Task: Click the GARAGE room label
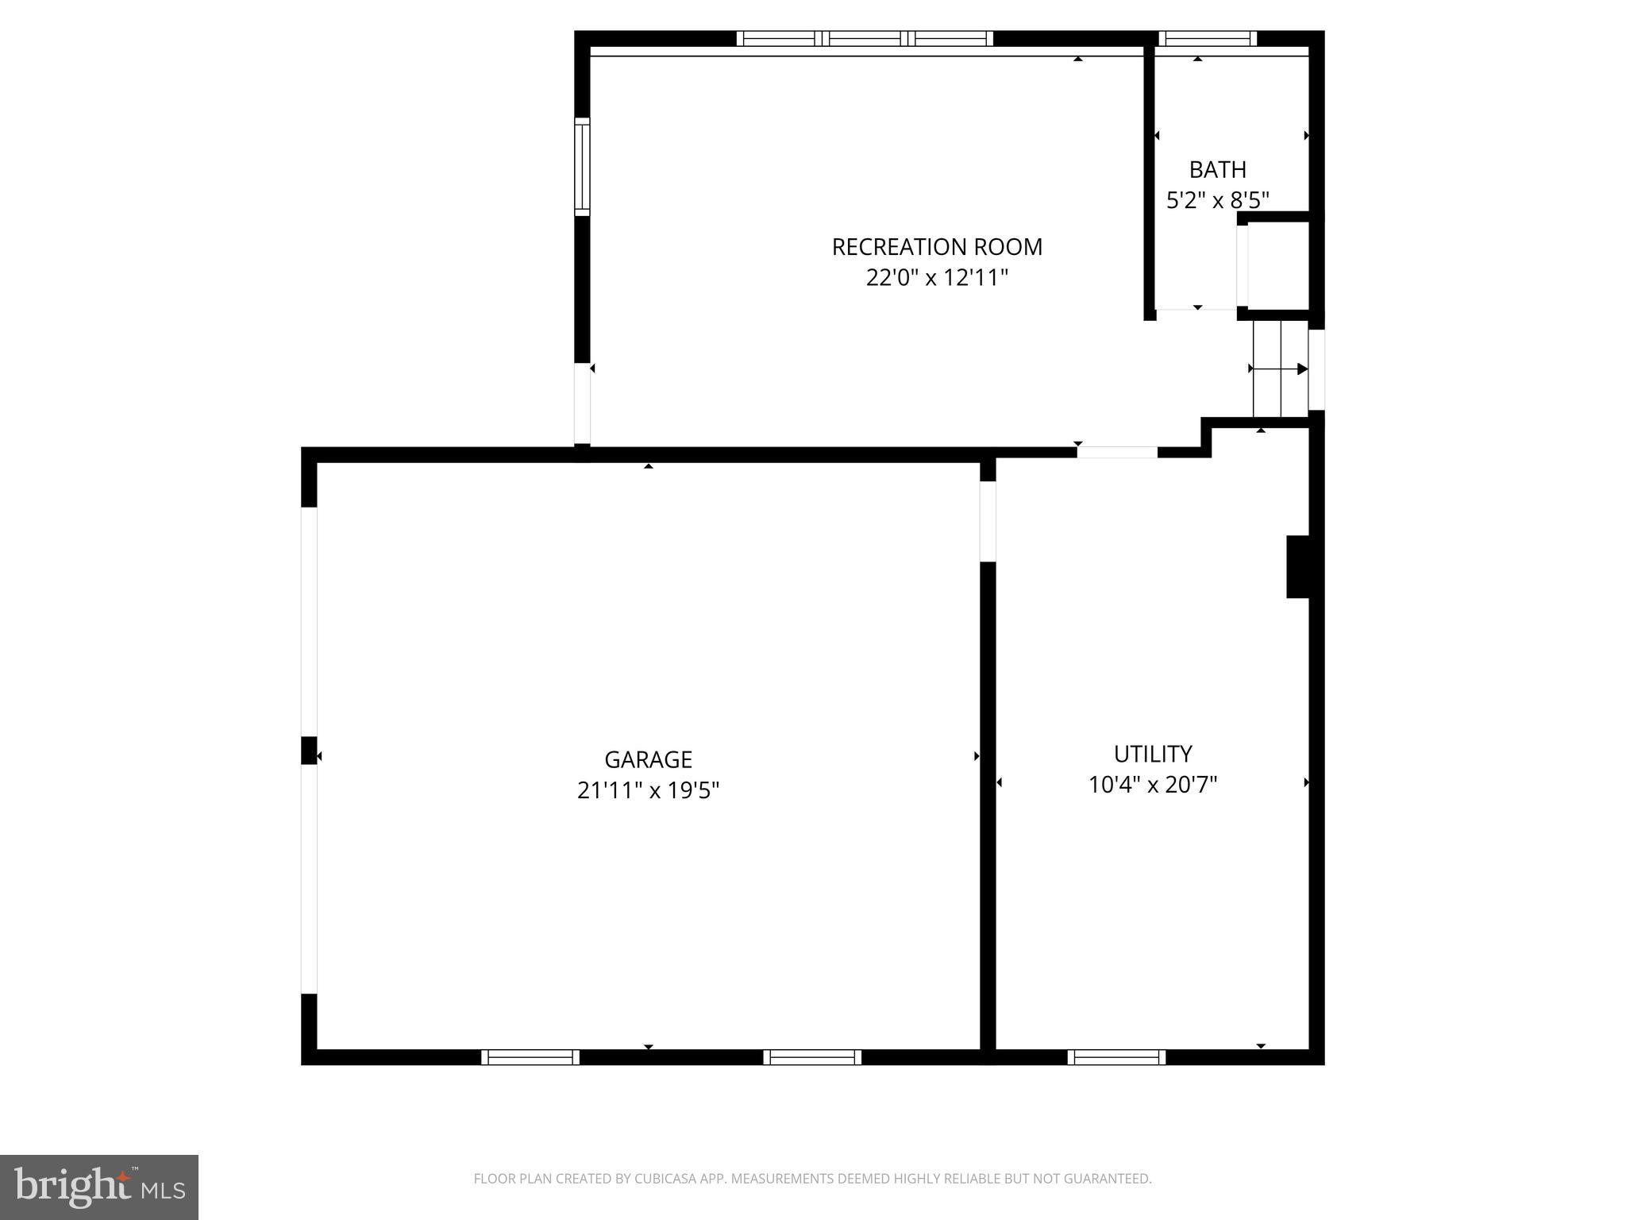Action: (648, 760)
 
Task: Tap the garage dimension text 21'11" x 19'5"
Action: (648, 791)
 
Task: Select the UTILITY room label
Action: (1152, 754)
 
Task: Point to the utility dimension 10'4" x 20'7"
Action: (1152, 785)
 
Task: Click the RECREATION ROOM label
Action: (937, 247)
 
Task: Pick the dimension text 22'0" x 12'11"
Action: (937, 278)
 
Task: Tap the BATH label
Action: (1217, 170)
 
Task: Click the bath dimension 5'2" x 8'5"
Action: (1217, 200)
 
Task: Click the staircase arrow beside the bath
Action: (1279, 369)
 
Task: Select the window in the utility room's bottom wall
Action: (1116, 1057)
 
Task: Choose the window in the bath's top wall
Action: (1207, 38)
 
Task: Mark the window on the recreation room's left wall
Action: (582, 167)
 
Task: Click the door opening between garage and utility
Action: (988, 521)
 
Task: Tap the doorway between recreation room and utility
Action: (1117, 453)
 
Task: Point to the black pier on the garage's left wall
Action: (309, 751)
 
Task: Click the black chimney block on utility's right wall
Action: (1297, 566)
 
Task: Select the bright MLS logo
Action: (99, 1187)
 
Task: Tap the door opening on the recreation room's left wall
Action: (582, 403)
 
